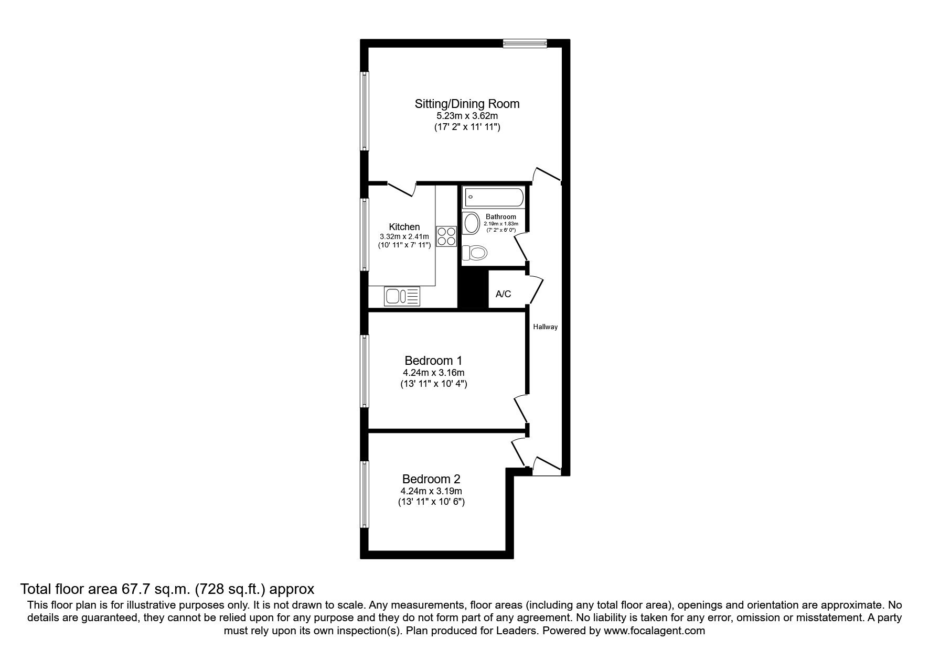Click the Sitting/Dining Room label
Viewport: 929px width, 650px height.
pos(467,103)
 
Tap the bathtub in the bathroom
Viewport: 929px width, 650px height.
pos(493,198)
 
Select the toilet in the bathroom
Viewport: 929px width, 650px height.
pos(475,253)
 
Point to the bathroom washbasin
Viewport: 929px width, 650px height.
pos(471,223)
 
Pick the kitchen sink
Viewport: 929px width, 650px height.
pos(402,297)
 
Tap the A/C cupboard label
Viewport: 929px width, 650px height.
pos(503,294)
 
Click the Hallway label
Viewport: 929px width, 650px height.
pos(546,327)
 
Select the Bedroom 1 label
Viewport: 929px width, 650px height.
pos(433,361)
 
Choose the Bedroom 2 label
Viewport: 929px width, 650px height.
pos(431,479)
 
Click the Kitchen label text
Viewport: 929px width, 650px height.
pos(404,227)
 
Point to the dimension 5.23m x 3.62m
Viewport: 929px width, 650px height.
pos(467,116)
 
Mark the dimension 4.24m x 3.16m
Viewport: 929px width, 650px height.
pos(433,373)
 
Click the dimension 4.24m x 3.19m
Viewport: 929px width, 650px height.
pos(431,491)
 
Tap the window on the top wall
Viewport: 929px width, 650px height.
pos(525,44)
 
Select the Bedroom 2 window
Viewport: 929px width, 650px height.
pos(364,494)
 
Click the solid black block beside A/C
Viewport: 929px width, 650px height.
pos(474,290)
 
